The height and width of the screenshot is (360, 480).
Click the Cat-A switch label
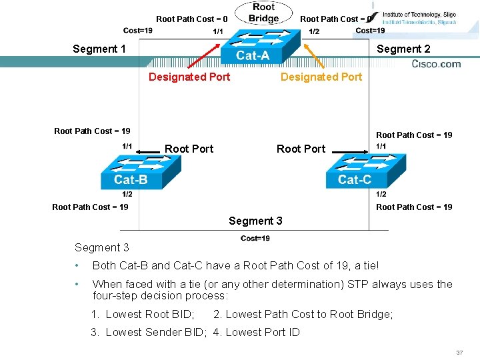253,56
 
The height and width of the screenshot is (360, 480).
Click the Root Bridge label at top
264,13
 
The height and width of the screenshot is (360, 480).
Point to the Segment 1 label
99,49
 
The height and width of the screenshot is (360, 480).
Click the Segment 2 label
403,49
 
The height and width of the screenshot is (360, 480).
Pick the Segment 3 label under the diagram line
255,221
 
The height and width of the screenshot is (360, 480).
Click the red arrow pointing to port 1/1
203,56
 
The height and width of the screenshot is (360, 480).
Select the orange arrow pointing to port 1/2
313,56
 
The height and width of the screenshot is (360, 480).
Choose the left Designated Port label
189,77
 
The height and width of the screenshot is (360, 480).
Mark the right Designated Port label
321,77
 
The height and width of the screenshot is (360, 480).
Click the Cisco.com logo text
436,64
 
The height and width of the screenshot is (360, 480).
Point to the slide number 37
459,352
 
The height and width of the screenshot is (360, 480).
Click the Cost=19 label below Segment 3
255,238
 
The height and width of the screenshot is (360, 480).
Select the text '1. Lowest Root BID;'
143,314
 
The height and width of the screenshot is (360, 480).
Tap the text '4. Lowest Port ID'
257,332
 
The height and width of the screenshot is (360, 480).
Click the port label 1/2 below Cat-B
127,194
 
